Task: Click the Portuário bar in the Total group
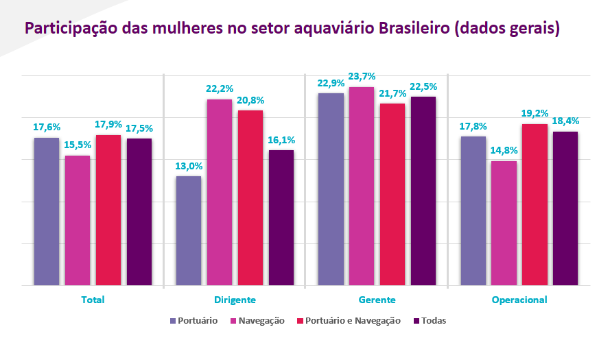coord(47,211)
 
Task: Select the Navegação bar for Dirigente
coord(220,192)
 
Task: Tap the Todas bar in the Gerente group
coord(423,191)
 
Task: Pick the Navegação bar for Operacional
coord(504,223)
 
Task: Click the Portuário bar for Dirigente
coord(189,230)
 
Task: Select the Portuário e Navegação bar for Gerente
coord(392,194)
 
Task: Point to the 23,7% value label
coord(362,76)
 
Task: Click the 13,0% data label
coord(189,166)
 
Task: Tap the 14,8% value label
coord(504,151)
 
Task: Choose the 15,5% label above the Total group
coord(78,145)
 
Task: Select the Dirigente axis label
coord(235,300)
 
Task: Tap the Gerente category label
coord(377,300)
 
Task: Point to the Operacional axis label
coord(519,300)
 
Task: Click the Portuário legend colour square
coord(172,321)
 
